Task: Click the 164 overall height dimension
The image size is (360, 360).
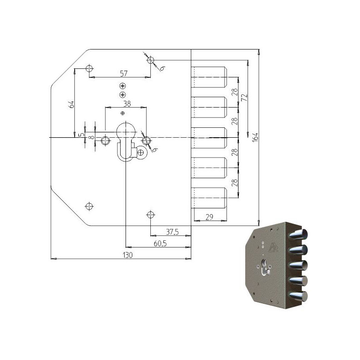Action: click(x=255, y=137)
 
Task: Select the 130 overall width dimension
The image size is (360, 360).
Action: click(x=128, y=255)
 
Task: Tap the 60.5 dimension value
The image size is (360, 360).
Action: click(x=160, y=243)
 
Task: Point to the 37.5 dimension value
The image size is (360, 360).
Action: click(x=172, y=232)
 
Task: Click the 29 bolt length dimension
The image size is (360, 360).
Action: click(x=209, y=217)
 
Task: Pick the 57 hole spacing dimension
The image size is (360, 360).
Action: click(x=123, y=73)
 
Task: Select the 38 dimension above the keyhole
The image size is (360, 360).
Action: click(x=127, y=104)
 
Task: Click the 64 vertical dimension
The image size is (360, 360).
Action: click(x=72, y=104)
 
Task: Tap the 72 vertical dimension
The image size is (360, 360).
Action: click(x=245, y=97)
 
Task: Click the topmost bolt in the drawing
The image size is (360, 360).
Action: click(x=209, y=77)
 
